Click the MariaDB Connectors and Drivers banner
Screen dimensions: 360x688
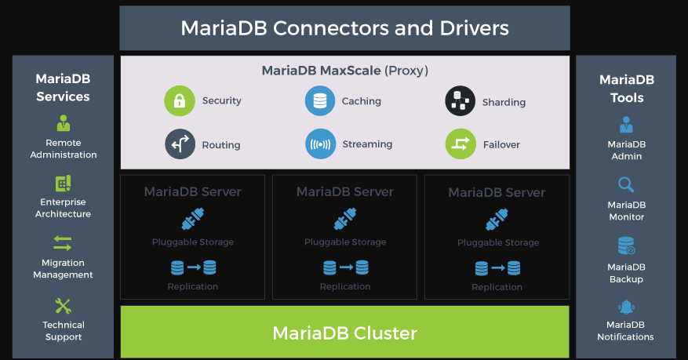coord(344,28)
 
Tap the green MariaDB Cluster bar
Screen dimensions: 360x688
coord(344,333)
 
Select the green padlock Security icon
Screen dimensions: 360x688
coord(179,101)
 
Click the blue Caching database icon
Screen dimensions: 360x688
coord(319,101)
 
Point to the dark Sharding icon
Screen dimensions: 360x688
coord(460,101)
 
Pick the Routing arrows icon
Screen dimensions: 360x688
coord(180,144)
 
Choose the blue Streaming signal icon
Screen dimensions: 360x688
coord(320,144)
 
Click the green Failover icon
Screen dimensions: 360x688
coord(460,144)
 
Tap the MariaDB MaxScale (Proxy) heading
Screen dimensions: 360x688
coord(344,71)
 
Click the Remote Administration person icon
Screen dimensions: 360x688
coord(64,123)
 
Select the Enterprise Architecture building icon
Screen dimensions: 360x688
coord(64,184)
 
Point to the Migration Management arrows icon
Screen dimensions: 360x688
coord(63,243)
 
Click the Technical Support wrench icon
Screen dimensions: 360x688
coord(64,305)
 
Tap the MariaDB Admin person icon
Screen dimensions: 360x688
coord(626,124)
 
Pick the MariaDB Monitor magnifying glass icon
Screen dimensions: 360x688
coord(626,185)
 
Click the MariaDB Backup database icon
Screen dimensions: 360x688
coord(626,246)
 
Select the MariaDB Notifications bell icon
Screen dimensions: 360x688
coord(626,307)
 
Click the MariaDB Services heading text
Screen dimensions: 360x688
coord(64,88)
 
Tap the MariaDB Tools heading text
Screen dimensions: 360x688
coord(626,89)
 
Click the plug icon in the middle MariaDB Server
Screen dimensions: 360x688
coord(345,218)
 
